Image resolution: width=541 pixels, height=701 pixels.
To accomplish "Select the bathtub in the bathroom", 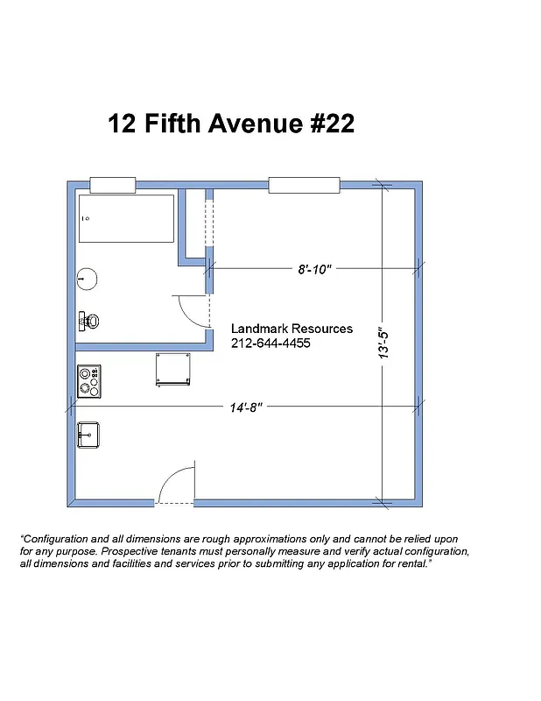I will [x=126, y=218].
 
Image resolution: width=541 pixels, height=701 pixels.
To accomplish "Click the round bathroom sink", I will [x=86, y=279].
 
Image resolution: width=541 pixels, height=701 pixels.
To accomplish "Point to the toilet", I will [x=88, y=322].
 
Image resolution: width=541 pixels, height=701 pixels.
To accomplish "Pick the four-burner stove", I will [x=88, y=381].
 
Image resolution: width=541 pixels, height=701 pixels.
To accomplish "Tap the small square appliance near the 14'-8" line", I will [x=172, y=368].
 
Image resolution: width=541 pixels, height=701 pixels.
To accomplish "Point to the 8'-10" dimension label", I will [x=315, y=270].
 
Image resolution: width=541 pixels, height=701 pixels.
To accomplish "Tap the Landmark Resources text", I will [x=292, y=329].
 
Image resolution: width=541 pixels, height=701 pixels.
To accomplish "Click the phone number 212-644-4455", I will [x=270, y=343].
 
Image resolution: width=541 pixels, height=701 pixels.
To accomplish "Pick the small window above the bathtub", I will [x=113, y=185].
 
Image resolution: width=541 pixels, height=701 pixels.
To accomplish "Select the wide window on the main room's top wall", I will [x=304, y=185].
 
